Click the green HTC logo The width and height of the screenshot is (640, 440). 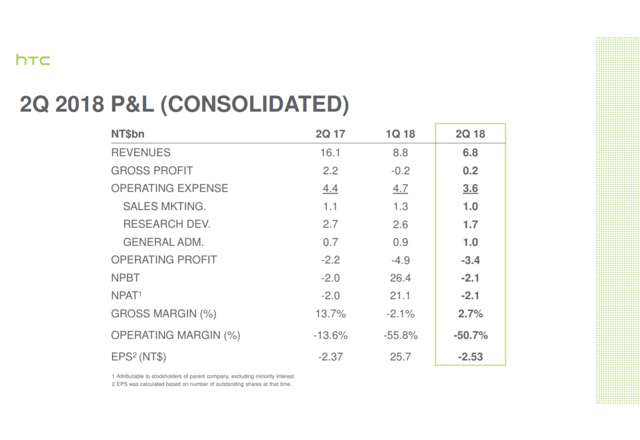point(33,60)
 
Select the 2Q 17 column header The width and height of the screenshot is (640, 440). point(330,134)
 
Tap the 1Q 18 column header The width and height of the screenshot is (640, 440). point(400,134)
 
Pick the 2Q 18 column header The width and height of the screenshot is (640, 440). point(470,134)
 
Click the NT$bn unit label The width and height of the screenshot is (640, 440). point(128,134)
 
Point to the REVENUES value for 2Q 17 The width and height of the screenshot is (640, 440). point(330,153)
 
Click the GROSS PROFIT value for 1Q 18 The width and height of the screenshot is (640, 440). point(400,171)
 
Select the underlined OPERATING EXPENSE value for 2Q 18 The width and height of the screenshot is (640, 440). point(470,188)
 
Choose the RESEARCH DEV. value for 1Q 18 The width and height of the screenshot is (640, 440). point(400,225)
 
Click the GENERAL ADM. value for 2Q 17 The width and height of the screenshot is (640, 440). point(330,242)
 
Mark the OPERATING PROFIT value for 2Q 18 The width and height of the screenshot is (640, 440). point(470,260)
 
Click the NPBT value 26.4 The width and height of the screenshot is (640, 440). point(400,278)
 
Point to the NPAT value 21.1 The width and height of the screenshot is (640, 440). point(400,296)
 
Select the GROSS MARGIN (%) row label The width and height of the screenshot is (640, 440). point(164,314)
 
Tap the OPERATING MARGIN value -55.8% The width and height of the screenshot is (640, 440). point(400,336)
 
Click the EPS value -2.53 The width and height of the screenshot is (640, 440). point(470,357)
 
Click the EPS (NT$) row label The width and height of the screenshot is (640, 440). point(139,357)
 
